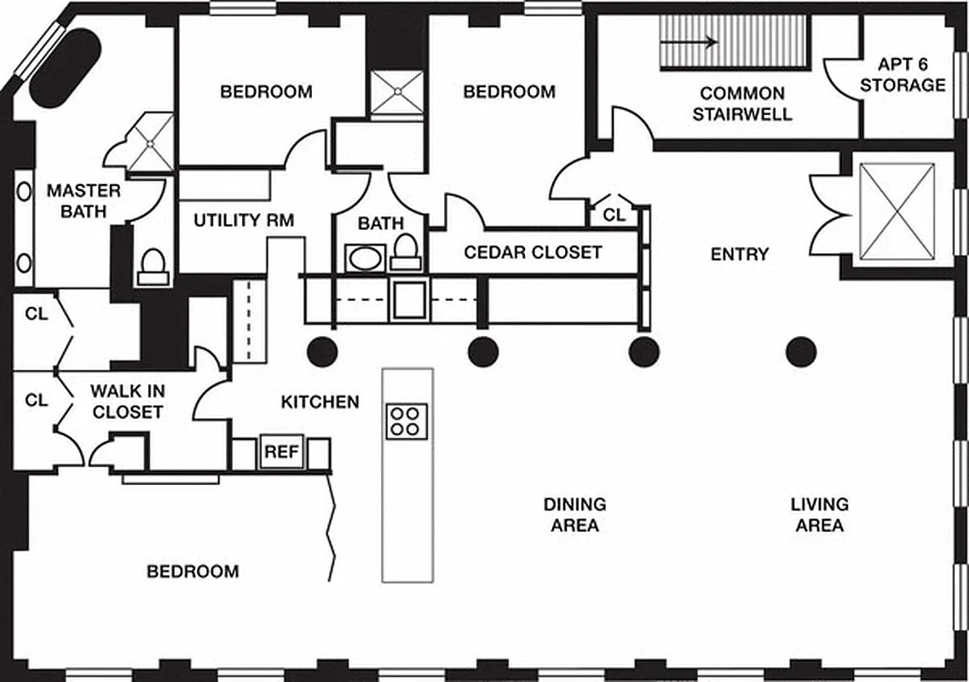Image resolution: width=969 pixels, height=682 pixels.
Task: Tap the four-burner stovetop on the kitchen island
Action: click(x=407, y=420)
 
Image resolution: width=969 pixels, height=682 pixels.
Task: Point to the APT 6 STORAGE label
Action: click(x=903, y=75)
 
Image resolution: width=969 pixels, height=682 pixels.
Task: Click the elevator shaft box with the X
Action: click(x=897, y=211)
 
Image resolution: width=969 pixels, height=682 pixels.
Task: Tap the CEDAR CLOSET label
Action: click(x=533, y=252)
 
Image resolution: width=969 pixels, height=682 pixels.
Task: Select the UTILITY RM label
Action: click(x=244, y=221)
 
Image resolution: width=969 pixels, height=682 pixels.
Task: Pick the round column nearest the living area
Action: click(x=801, y=350)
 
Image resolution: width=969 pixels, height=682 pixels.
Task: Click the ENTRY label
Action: click(x=740, y=254)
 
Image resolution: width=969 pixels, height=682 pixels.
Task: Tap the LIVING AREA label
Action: click(x=819, y=514)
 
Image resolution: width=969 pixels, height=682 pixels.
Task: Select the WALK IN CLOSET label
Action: click(x=128, y=402)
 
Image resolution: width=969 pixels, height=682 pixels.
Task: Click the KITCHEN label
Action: click(x=320, y=401)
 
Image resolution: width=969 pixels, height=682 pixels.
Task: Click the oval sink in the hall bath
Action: click(x=366, y=258)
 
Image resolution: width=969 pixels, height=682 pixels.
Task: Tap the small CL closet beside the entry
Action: click(x=614, y=215)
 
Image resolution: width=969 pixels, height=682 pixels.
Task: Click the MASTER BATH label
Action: click(x=84, y=200)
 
